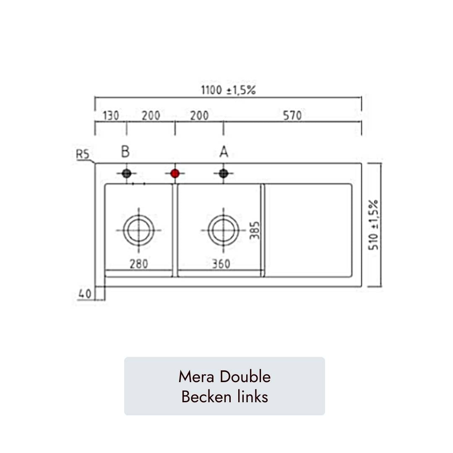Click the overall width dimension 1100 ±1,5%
click(228, 90)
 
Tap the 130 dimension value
click(111, 115)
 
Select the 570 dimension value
click(292, 115)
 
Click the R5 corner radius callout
click(83, 154)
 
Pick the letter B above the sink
click(125, 151)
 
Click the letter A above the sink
click(224, 151)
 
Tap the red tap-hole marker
click(175, 173)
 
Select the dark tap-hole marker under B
click(126, 173)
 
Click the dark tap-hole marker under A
click(224, 173)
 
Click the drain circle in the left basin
click(138, 230)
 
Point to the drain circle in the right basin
click(224, 230)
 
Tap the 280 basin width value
click(138, 264)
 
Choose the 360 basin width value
click(221, 264)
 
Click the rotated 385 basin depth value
click(255, 230)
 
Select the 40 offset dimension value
click(85, 294)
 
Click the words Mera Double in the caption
click(224, 377)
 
